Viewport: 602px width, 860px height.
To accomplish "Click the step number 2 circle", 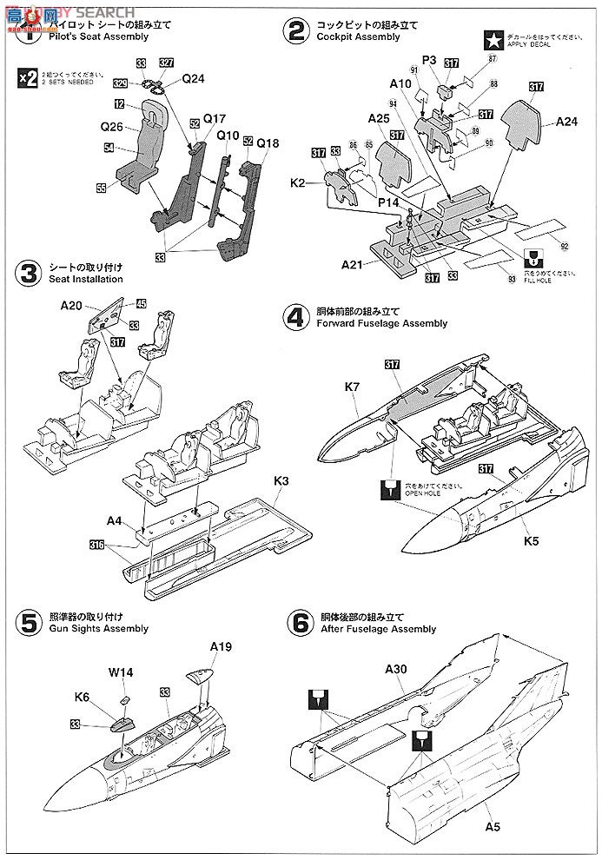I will (x=296, y=32).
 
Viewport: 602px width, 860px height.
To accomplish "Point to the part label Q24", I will (x=193, y=77).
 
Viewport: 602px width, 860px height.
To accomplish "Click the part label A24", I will (x=567, y=122).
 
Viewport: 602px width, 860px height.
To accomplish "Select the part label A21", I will (x=353, y=263).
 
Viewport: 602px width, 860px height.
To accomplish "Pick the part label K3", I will (x=281, y=480).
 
